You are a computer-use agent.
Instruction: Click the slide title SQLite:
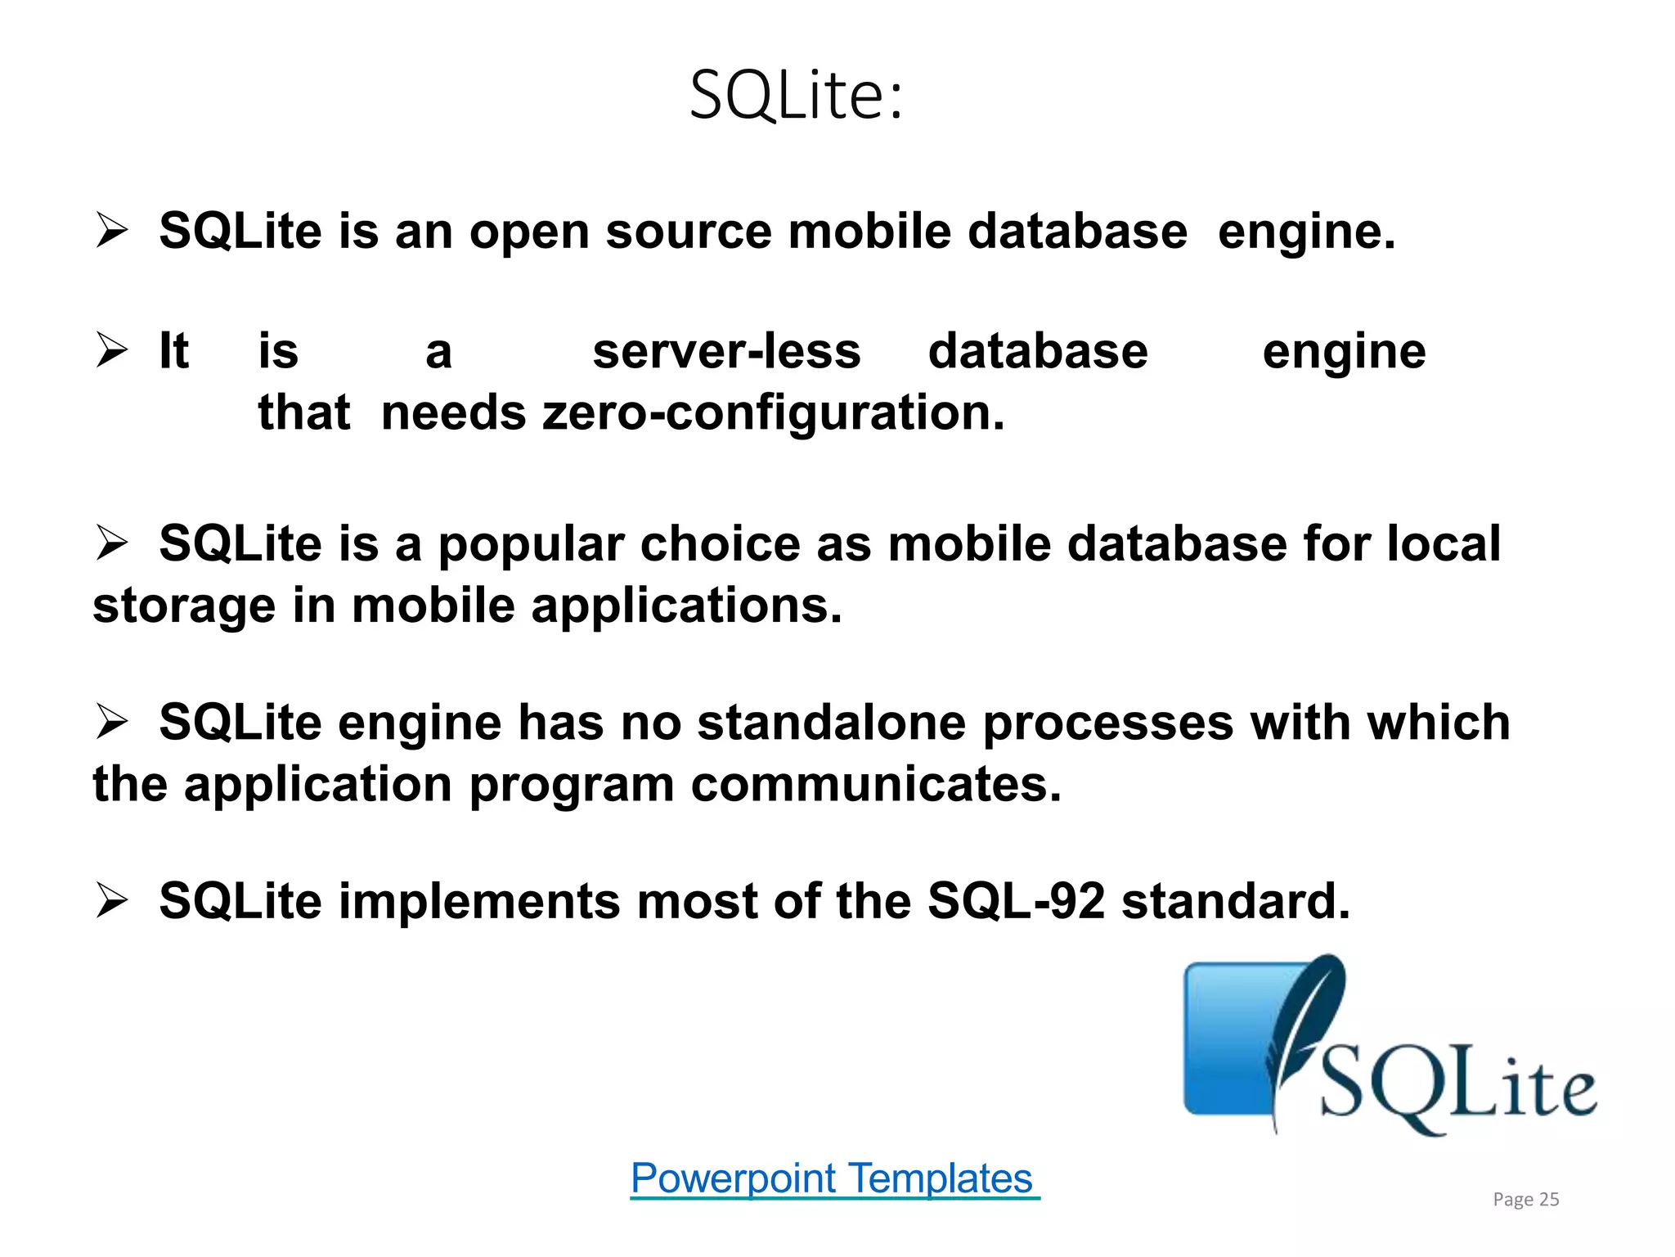796,96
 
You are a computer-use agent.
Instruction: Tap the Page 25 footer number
1525,1199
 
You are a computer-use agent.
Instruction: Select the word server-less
726,352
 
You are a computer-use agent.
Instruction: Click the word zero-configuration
773,412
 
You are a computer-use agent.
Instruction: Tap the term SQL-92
1016,901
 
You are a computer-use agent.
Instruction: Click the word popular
531,545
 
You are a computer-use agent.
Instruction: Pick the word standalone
831,723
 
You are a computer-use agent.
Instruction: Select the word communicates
876,784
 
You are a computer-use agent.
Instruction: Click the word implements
479,901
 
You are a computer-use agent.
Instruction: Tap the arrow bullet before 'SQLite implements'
111,901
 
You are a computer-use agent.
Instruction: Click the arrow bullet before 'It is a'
111,351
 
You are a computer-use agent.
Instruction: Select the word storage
184,607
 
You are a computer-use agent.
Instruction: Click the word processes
1108,723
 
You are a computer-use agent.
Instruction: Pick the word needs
454,412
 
